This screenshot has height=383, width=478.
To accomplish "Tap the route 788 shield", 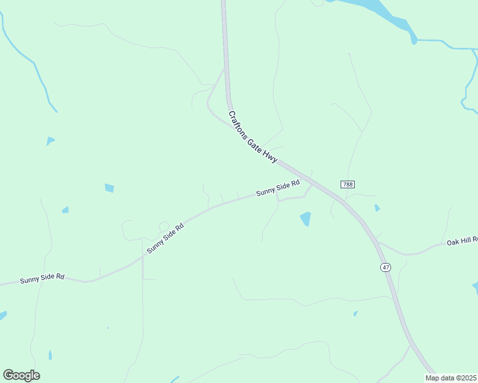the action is click(347, 184).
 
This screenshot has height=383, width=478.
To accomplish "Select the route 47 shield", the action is click(385, 267).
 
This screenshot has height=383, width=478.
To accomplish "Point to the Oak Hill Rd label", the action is click(462, 241).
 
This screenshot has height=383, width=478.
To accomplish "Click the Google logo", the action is click(21, 375).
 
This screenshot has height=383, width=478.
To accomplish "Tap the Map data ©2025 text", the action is click(451, 378).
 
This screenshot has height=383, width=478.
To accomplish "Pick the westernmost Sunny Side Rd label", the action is click(42, 278).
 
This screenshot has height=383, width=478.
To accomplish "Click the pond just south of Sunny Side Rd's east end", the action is click(305, 219).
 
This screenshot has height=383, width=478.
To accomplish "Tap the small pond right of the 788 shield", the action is click(377, 207).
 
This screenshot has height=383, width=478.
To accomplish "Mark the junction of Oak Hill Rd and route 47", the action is click(378, 242).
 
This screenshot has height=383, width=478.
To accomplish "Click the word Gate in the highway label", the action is click(256, 141).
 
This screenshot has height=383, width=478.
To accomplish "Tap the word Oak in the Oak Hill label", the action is click(453, 243).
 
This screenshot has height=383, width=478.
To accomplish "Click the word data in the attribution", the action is click(449, 378).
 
